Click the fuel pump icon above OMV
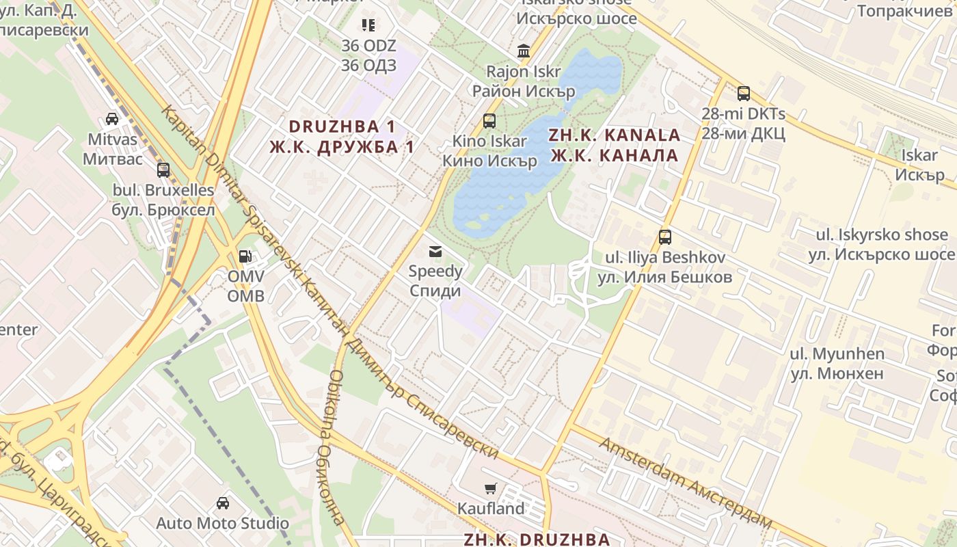coord(244,256)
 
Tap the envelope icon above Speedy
coord(435,252)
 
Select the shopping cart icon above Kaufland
coord(490,488)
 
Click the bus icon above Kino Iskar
coord(489,121)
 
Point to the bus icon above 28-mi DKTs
coord(743,94)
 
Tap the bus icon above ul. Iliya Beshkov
coord(664,237)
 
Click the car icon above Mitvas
coord(112,119)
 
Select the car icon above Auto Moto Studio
coord(222,503)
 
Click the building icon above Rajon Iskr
coord(524,51)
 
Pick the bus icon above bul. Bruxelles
coord(163,170)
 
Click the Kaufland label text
coord(491,509)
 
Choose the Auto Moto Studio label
coord(222,524)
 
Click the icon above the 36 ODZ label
coord(368,25)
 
